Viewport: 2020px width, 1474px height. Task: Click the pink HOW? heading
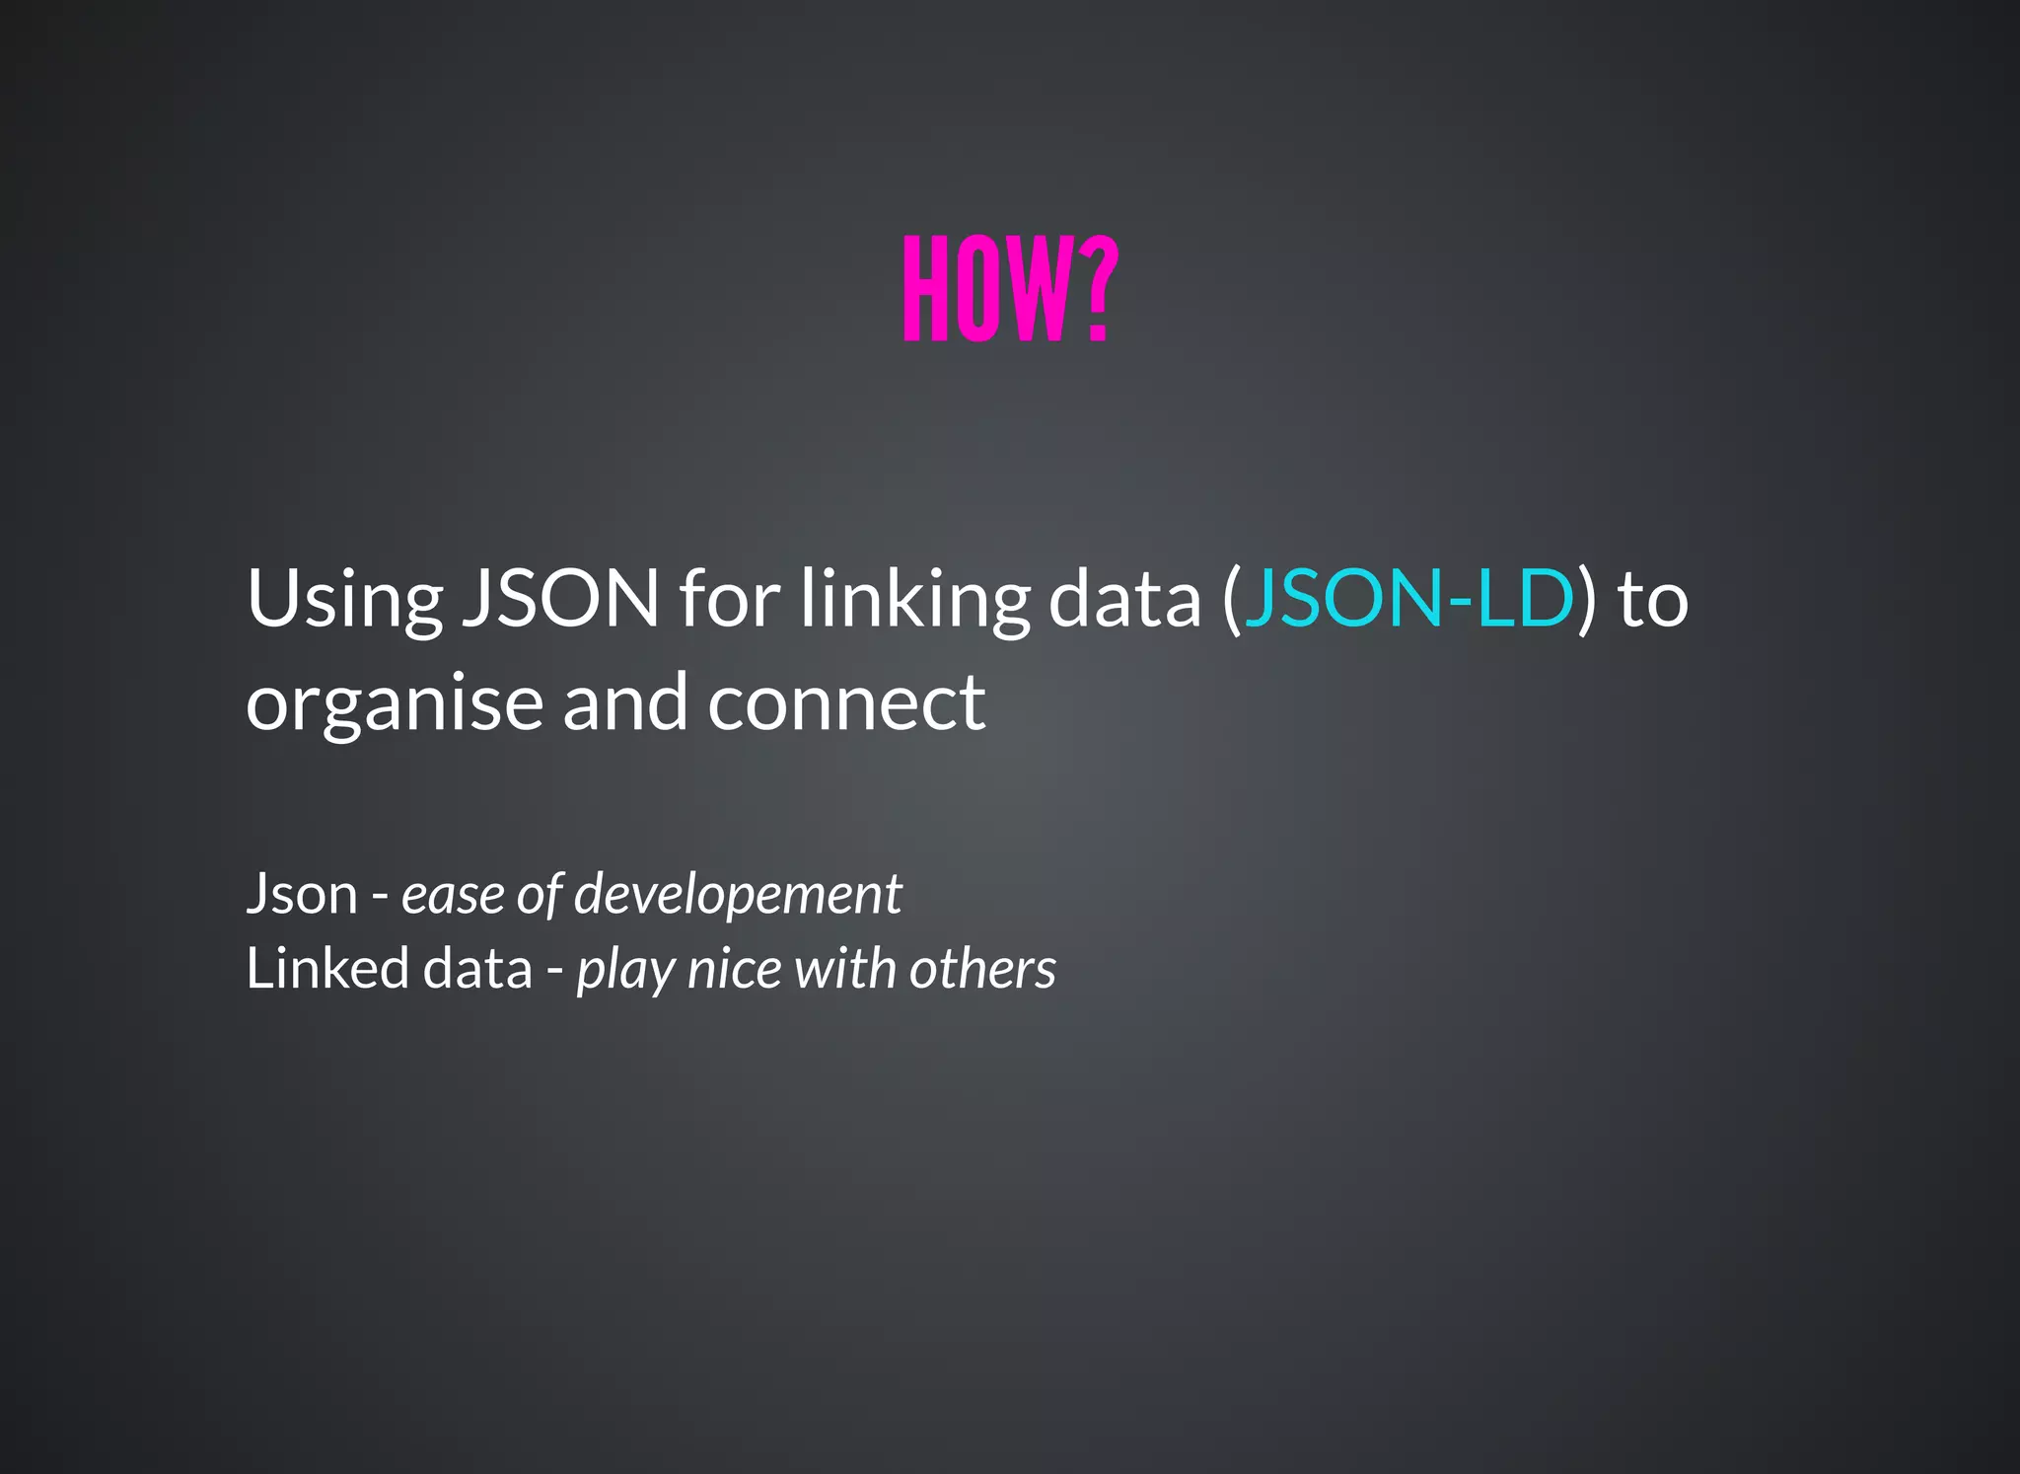point(1010,290)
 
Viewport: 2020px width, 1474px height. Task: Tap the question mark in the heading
point(1097,290)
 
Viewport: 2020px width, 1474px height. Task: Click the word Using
point(344,600)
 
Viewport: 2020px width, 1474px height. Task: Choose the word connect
point(845,702)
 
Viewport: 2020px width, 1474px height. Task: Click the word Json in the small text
point(302,894)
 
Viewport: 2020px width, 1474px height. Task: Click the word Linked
point(326,968)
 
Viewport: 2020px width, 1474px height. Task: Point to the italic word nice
point(735,968)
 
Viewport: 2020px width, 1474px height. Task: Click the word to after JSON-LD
point(1653,600)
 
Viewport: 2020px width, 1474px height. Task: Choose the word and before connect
point(625,702)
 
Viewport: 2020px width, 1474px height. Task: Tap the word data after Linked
point(477,968)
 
